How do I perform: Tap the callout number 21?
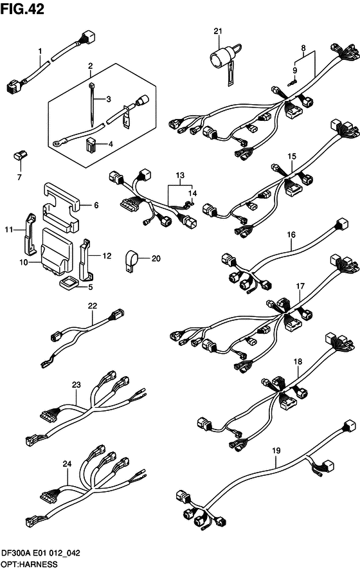[x=217, y=32]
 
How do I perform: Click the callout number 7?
[x=19, y=176]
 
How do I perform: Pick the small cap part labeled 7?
[x=19, y=155]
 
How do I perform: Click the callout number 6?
[x=96, y=206]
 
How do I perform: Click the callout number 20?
[x=155, y=258]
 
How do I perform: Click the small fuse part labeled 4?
[x=91, y=145]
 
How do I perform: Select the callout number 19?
[x=276, y=451]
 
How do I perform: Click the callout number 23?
[x=76, y=385]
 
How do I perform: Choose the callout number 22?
[x=93, y=306]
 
